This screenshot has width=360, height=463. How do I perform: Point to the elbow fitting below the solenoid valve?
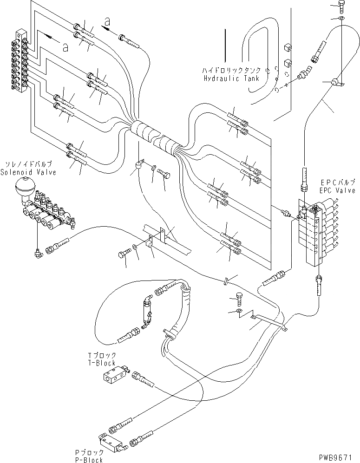point(37,253)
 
